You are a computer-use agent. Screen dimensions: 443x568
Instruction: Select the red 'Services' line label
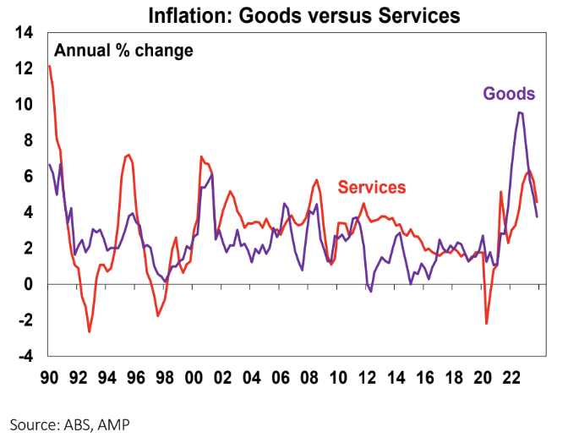click(372, 188)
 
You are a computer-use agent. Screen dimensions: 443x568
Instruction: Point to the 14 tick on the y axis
click(24, 33)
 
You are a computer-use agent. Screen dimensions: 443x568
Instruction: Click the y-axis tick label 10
click(24, 105)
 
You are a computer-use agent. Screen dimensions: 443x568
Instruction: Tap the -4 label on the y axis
click(25, 357)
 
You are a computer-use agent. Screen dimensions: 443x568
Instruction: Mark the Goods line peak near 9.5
click(520, 112)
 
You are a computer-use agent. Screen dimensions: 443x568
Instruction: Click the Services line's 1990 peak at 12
click(51, 66)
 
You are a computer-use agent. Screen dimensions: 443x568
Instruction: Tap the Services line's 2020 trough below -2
click(487, 323)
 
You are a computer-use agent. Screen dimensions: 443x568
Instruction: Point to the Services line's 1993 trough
click(90, 331)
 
